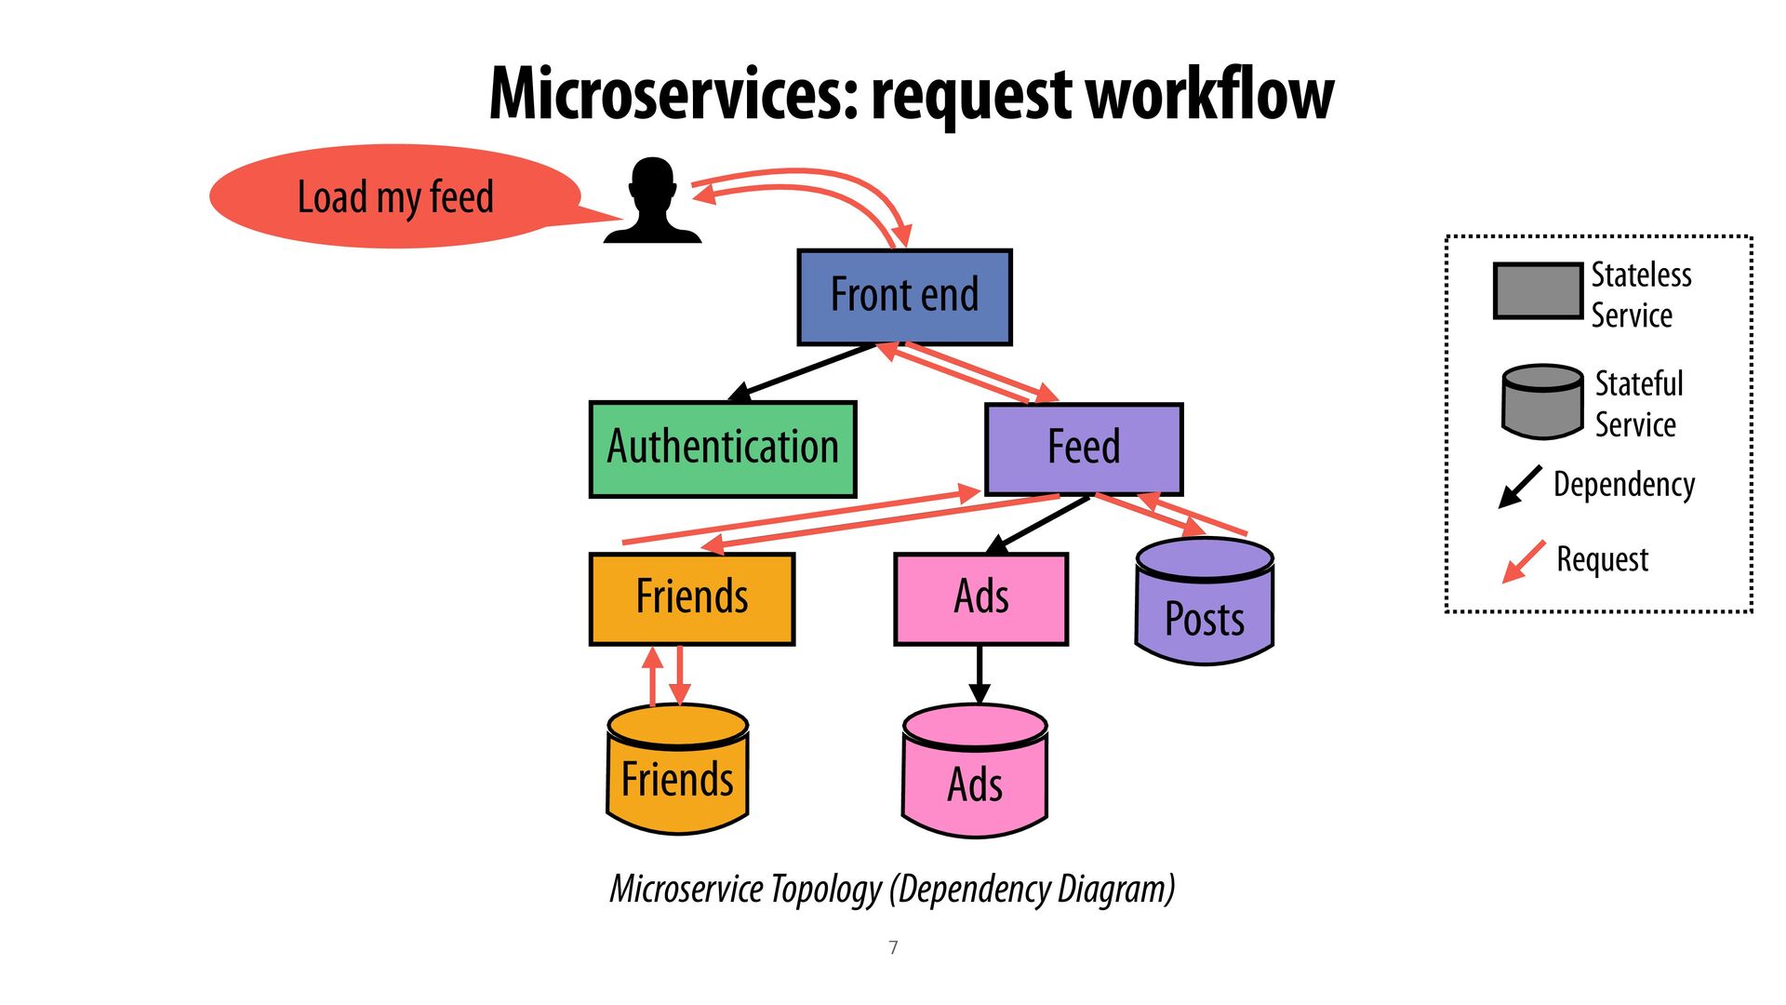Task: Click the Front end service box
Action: pyautogui.click(x=904, y=297)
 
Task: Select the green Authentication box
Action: pyautogui.click(x=723, y=449)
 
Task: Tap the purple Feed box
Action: pyautogui.click(x=1084, y=449)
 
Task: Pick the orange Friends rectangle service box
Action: pyautogui.click(x=692, y=598)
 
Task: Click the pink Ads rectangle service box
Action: pyautogui.click(x=980, y=598)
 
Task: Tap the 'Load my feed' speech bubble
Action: pyautogui.click(x=395, y=197)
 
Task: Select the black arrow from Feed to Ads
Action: pyautogui.click(x=1037, y=525)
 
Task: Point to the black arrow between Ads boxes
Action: pyautogui.click(x=979, y=675)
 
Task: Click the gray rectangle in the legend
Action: pyautogui.click(x=1538, y=291)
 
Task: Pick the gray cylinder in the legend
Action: pyautogui.click(x=1542, y=402)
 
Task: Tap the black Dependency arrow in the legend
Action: pyautogui.click(x=1521, y=487)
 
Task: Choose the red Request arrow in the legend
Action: pyautogui.click(x=1524, y=562)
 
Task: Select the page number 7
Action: pyautogui.click(x=893, y=947)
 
